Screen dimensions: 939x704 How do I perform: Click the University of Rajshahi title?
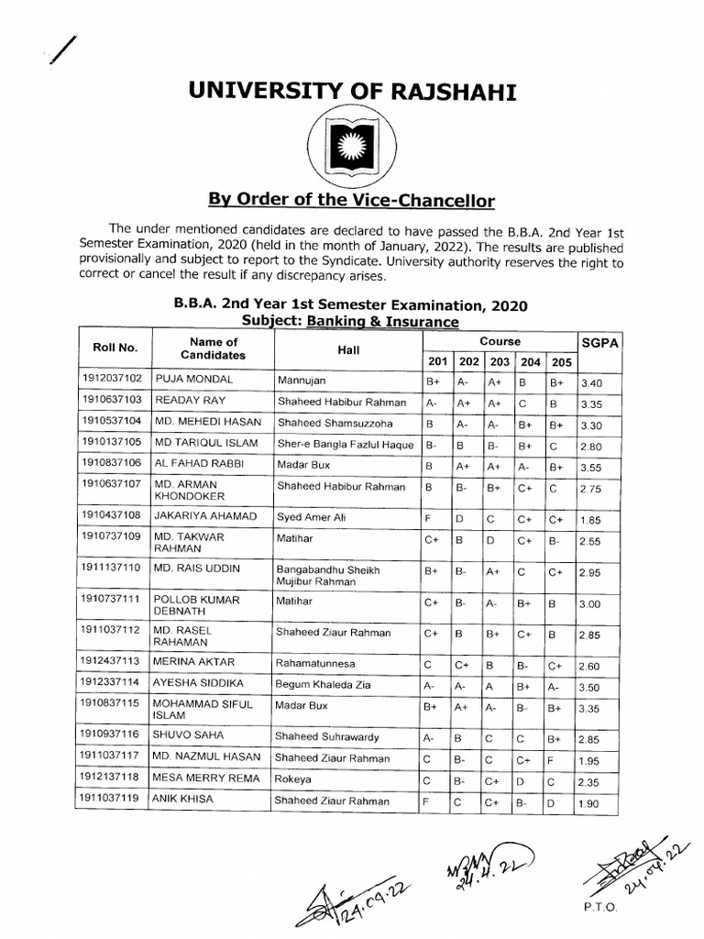[x=353, y=91]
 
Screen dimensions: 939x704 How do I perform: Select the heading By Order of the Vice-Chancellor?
[x=353, y=200]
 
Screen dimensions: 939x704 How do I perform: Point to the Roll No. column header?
[x=115, y=348]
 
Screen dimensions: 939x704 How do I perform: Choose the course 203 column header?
[x=499, y=361]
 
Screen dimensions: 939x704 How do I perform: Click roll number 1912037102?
[x=112, y=378]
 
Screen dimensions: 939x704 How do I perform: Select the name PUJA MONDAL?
[x=193, y=379]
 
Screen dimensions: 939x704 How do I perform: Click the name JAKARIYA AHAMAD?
[x=206, y=516]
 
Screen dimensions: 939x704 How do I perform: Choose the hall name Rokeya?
[x=293, y=779]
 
